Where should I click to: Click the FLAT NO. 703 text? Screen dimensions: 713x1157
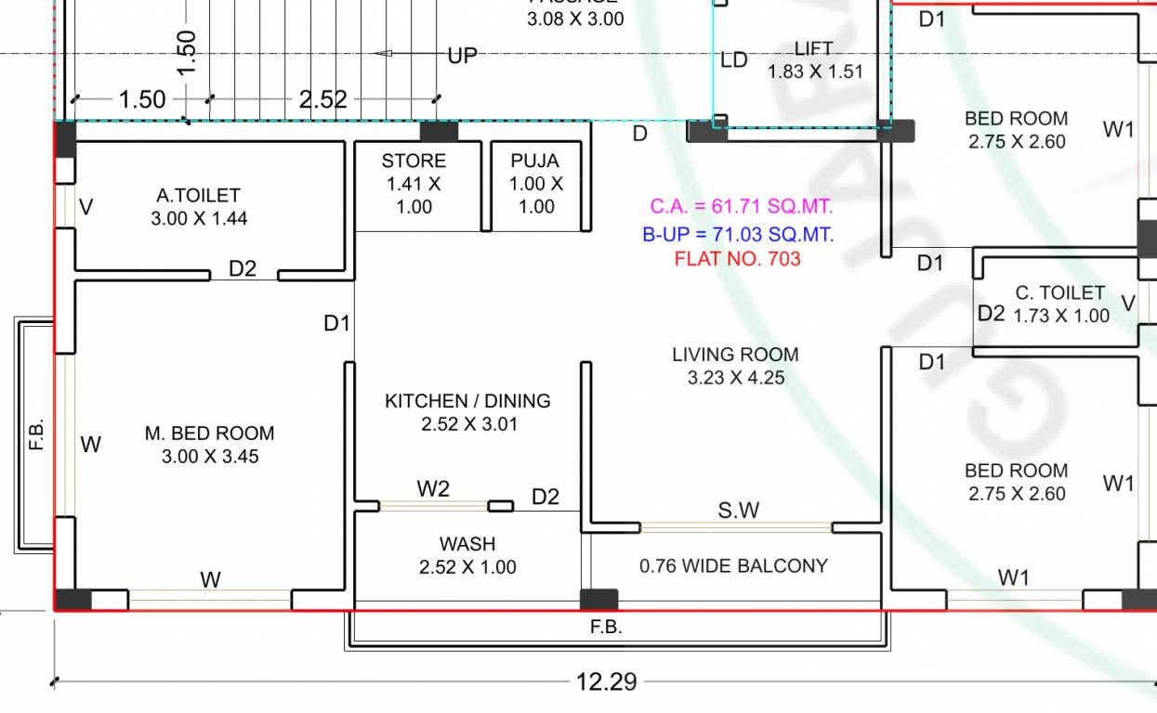tap(737, 259)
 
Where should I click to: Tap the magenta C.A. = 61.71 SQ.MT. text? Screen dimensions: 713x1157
tap(741, 207)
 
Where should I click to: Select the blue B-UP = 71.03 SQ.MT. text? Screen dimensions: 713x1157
tap(737, 234)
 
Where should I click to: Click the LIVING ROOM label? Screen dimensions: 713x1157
tap(735, 355)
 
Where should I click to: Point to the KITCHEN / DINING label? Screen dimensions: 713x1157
tap(467, 401)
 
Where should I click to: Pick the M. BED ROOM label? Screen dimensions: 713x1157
tap(210, 434)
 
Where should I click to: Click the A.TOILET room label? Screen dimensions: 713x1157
tap(199, 196)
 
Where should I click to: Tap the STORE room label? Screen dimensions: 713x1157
tap(414, 162)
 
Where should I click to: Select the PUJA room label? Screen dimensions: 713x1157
tap(535, 162)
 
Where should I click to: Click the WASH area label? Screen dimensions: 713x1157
tap(467, 544)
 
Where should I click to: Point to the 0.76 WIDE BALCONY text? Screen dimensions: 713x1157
tap(733, 565)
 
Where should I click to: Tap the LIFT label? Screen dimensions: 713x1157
tap(814, 49)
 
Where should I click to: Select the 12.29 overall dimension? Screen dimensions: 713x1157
tap(606, 682)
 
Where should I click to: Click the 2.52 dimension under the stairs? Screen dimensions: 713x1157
tap(322, 99)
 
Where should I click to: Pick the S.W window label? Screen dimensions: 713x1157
tap(738, 510)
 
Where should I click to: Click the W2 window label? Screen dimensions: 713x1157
tap(433, 489)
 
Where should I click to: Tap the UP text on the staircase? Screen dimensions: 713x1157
tap(463, 57)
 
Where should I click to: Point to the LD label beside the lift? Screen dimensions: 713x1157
tap(734, 60)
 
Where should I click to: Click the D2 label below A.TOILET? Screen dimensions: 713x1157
tap(243, 269)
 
